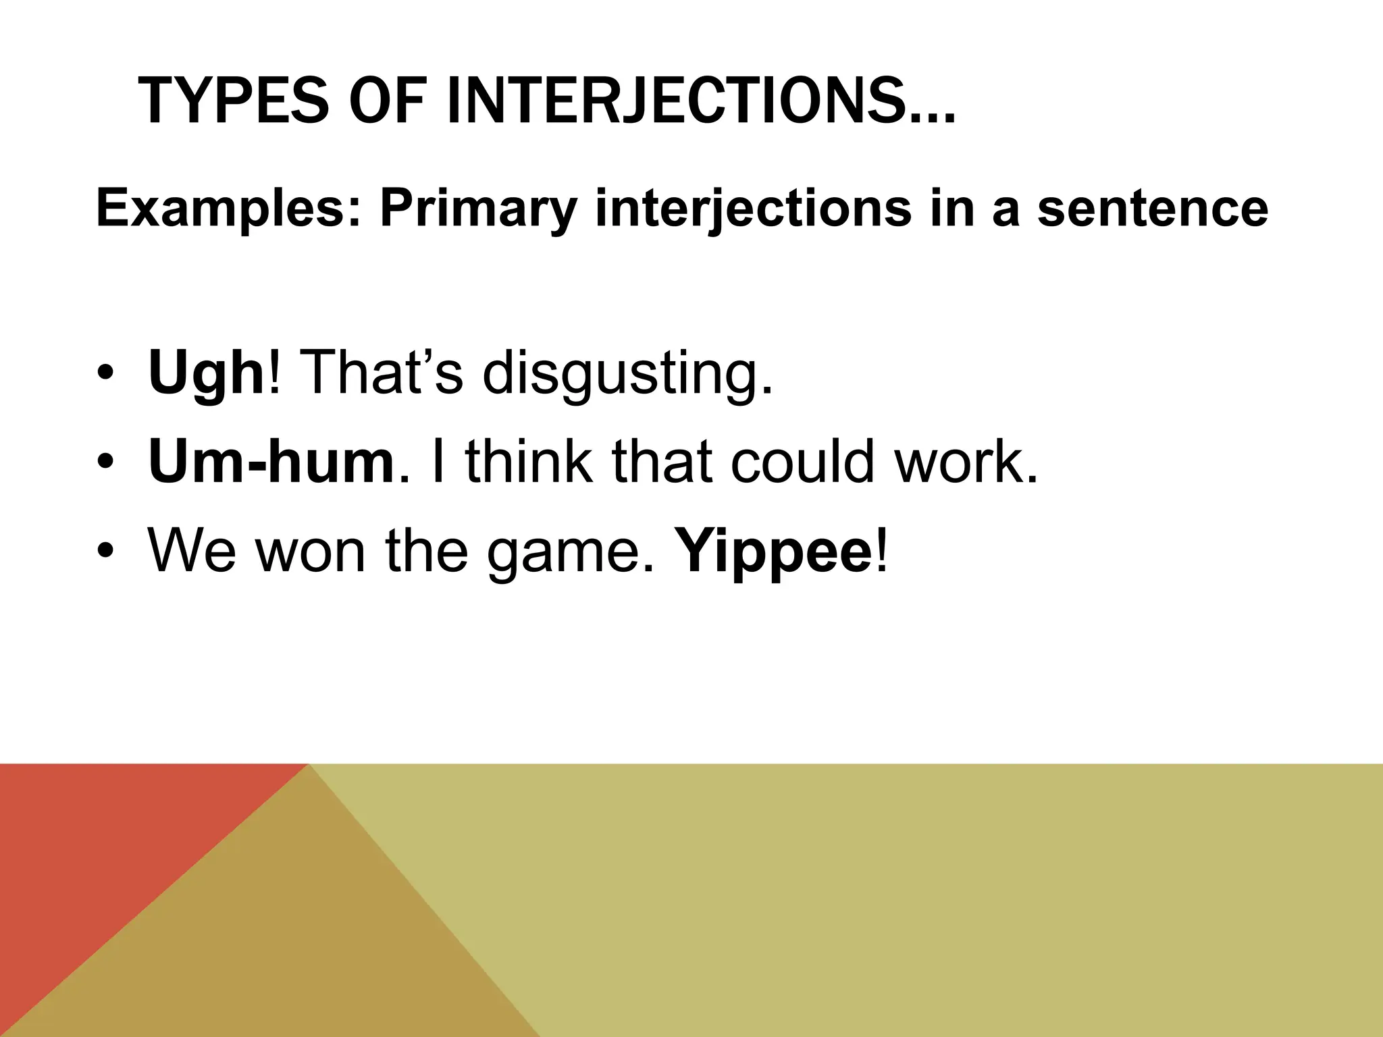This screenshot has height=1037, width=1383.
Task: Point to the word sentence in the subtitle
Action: (x=1152, y=209)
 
